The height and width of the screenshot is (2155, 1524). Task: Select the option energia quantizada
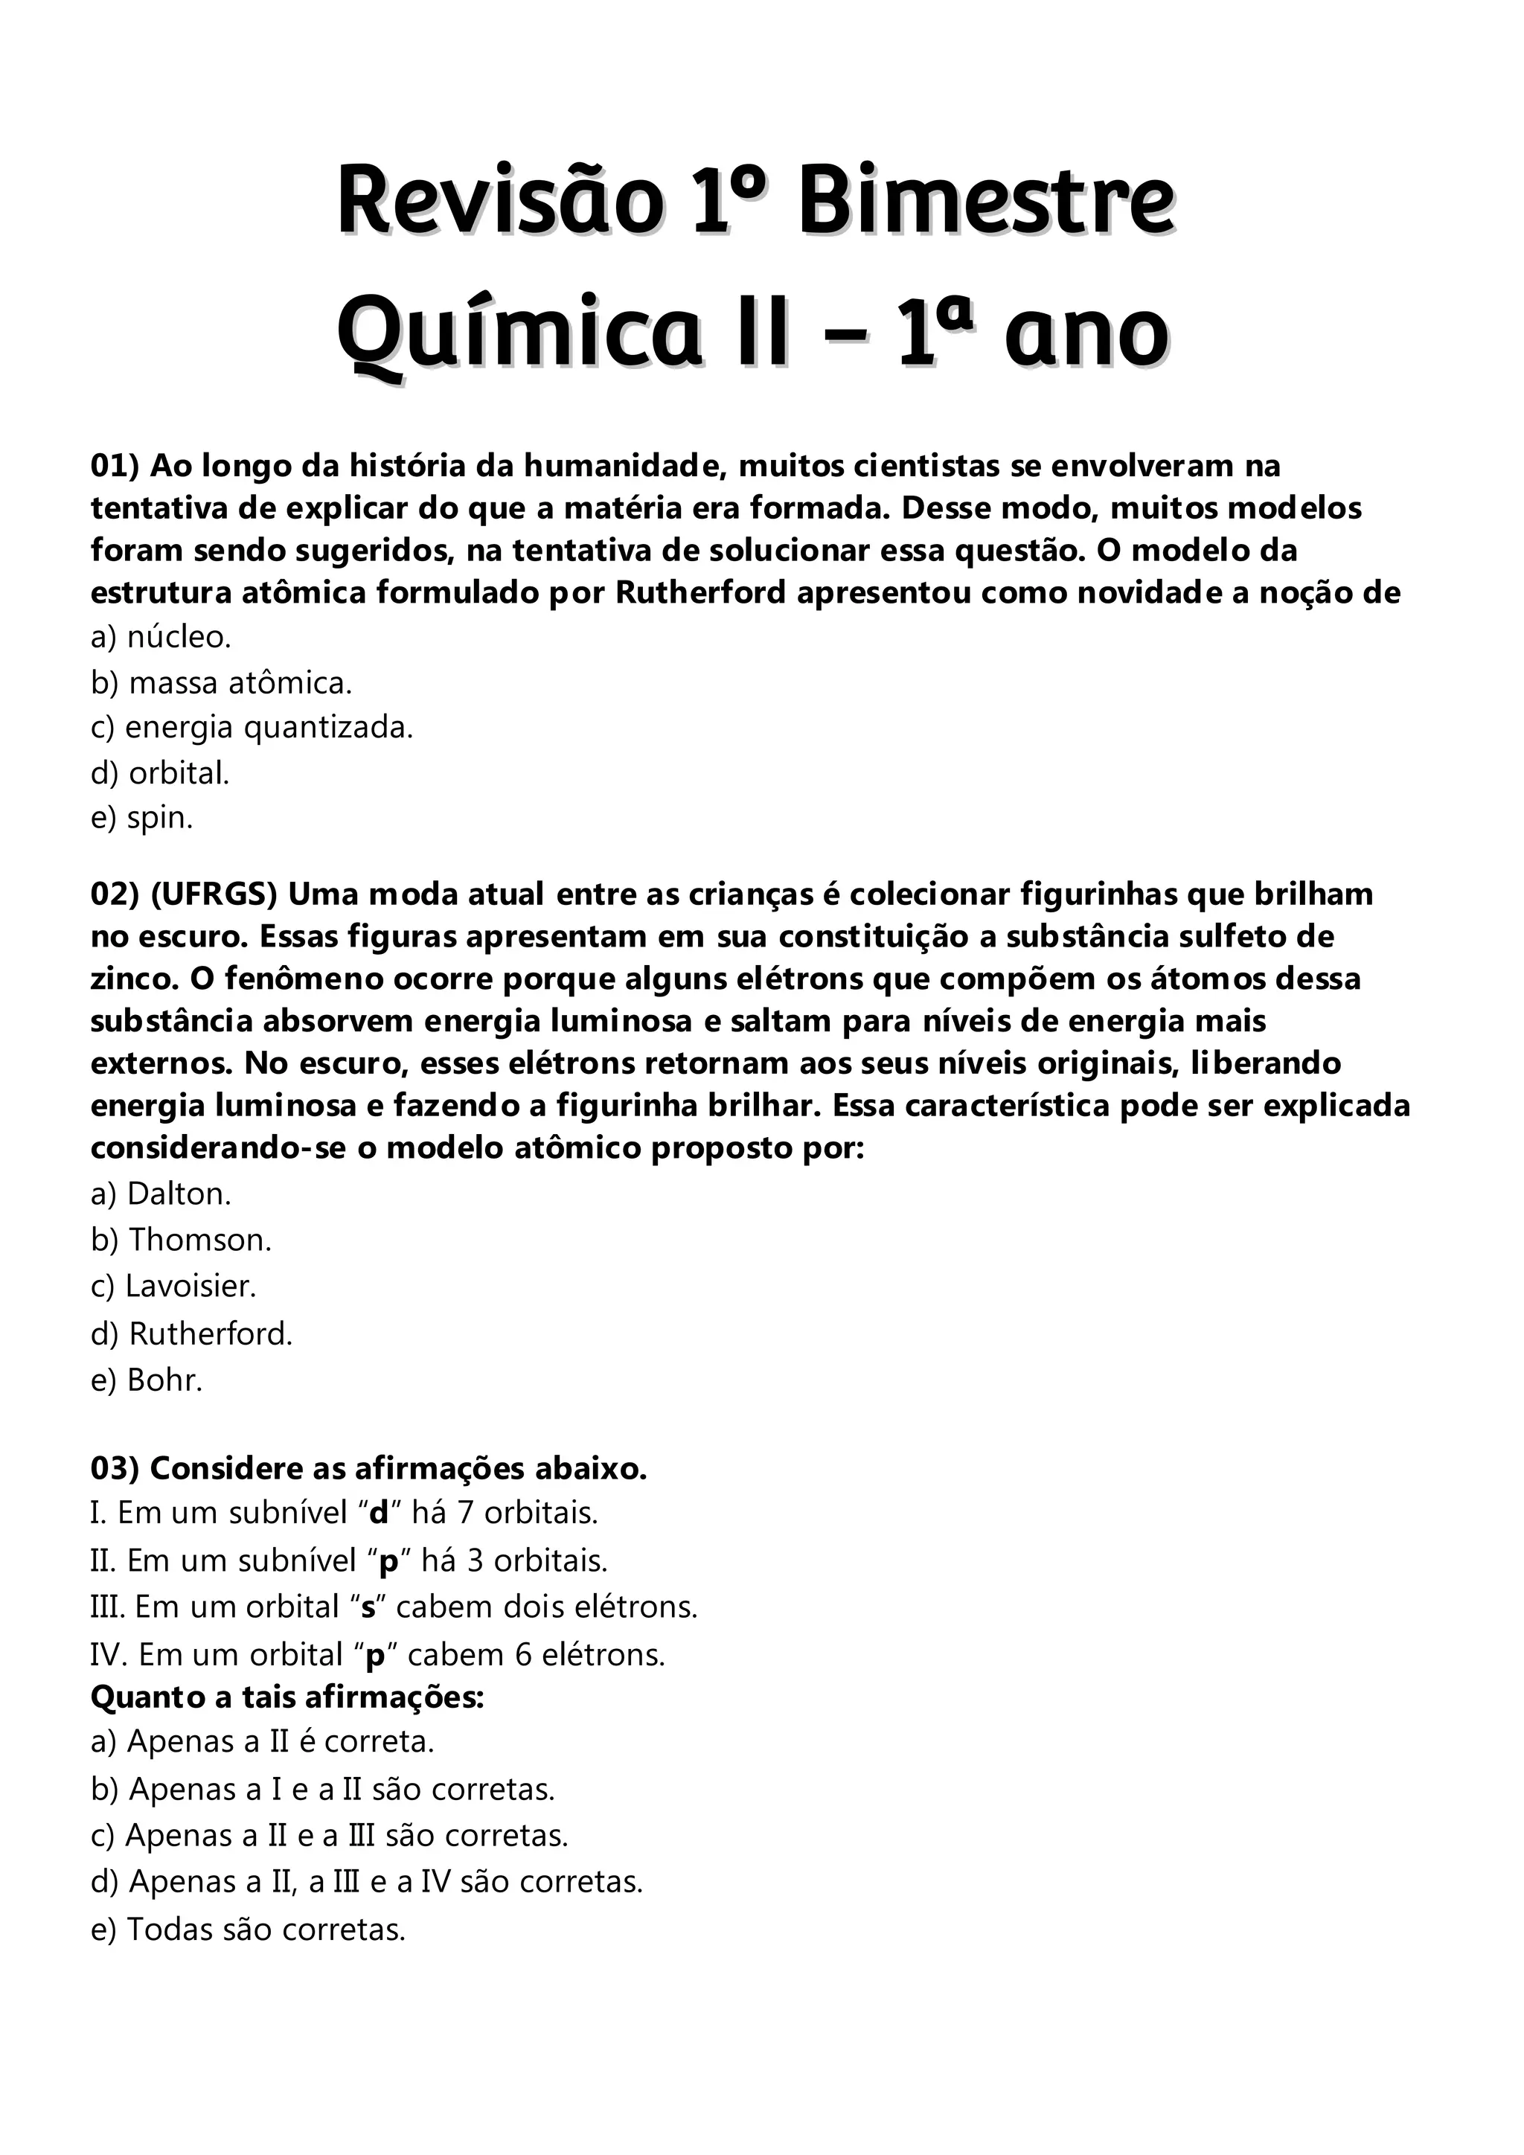[x=252, y=728]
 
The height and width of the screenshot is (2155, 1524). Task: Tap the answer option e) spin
[x=141, y=819]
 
